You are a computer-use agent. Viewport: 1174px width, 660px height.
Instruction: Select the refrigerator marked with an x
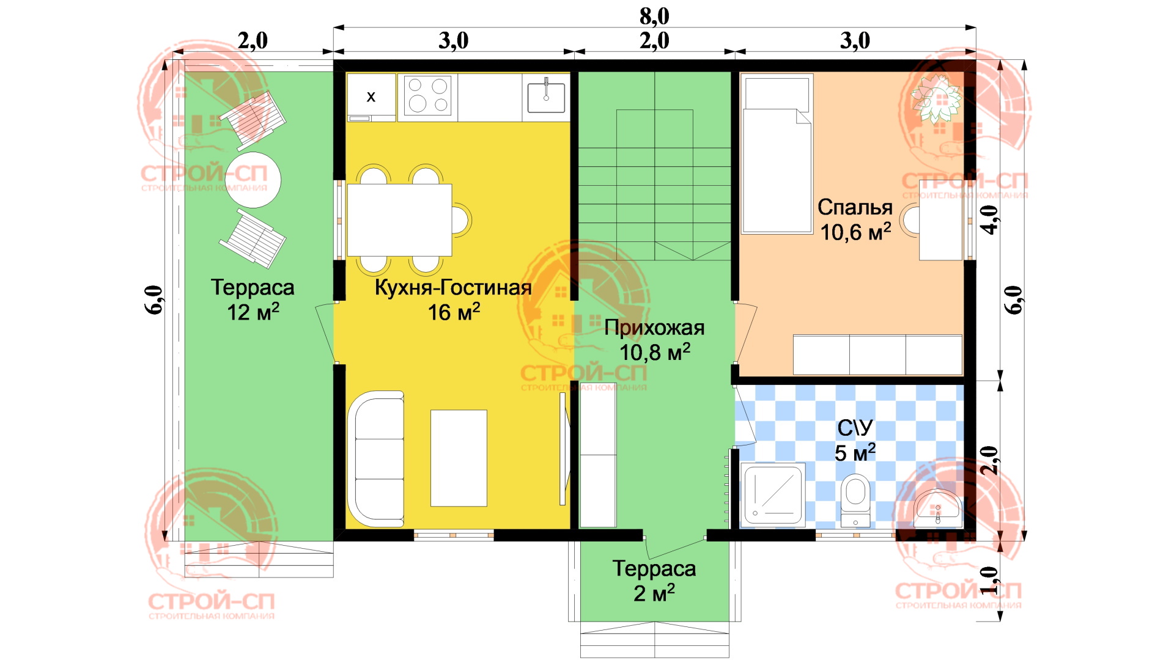click(x=371, y=97)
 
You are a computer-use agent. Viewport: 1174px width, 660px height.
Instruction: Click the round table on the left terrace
click(x=253, y=180)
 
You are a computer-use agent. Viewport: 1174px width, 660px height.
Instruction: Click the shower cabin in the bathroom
click(x=773, y=494)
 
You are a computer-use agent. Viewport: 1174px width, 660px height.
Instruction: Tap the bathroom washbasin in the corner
click(x=937, y=508)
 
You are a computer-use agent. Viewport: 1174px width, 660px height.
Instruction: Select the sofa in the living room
click(x=375, y=459)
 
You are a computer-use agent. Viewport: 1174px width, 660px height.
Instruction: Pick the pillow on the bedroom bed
click(x=777, y=94)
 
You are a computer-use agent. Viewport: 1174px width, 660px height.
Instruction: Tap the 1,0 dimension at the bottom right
click(x=989, y=581)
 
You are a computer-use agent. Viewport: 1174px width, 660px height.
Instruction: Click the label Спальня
click(x=855, y=207)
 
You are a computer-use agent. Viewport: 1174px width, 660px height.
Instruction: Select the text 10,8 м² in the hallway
click(x=655, y=353)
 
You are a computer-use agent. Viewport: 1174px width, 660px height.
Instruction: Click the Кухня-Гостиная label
click(x=453, y=287)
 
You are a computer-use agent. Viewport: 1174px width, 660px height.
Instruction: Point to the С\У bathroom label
click(x=855, y=428)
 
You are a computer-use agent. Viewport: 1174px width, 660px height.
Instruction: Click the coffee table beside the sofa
click(x=459, y=458)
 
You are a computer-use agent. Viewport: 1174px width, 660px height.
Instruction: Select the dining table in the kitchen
click(x=399, y=220)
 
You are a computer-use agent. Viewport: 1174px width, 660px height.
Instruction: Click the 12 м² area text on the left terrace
click(x=253, y=312)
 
